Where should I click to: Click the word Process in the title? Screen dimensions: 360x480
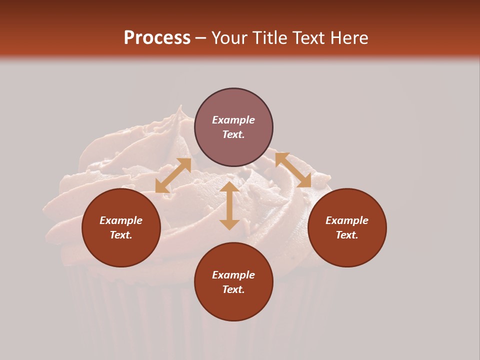coord(157,38)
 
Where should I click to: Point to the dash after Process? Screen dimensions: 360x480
coord(201,38)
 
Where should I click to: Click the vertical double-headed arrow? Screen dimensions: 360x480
coord(229,205)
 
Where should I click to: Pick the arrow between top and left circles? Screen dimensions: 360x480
coord(173,175)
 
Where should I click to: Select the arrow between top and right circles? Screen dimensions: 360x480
coord(293,170)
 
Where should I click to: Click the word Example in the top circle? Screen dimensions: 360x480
coord(233,120)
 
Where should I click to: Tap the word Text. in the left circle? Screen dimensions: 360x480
coord(121,235)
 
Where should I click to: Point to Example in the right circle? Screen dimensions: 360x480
coord(347,220)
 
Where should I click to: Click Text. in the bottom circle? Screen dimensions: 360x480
coord(233,289)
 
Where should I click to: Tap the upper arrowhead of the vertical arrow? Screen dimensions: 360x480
coord(229,186)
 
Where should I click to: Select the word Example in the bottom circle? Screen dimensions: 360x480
coord(233,275)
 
